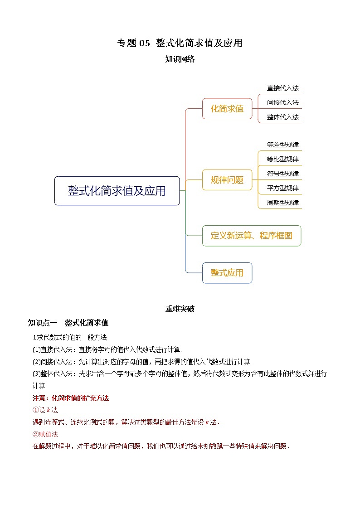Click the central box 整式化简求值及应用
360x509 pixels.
point(117,191)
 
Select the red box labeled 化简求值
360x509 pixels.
point(227,109)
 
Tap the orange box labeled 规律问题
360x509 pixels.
point(227,180)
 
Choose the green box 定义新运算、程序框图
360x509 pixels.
point(251,236)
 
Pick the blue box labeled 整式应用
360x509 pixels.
point(227,273)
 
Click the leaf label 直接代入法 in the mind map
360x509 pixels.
point(282,88)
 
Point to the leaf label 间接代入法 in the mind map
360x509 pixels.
point(282,103)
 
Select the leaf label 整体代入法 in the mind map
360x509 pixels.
point(282,117)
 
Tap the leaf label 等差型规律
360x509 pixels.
point(282,145)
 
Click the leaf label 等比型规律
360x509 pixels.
point(282,160)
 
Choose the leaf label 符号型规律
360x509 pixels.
point(282,174)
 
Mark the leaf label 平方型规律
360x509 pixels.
point(282,188)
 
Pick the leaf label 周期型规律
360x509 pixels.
point(282,203)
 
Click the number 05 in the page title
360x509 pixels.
point(144,44)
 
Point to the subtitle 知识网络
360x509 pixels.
point(180,59)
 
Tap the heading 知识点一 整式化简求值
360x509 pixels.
point(68,323)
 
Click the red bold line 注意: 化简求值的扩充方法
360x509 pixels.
point(71,398)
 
